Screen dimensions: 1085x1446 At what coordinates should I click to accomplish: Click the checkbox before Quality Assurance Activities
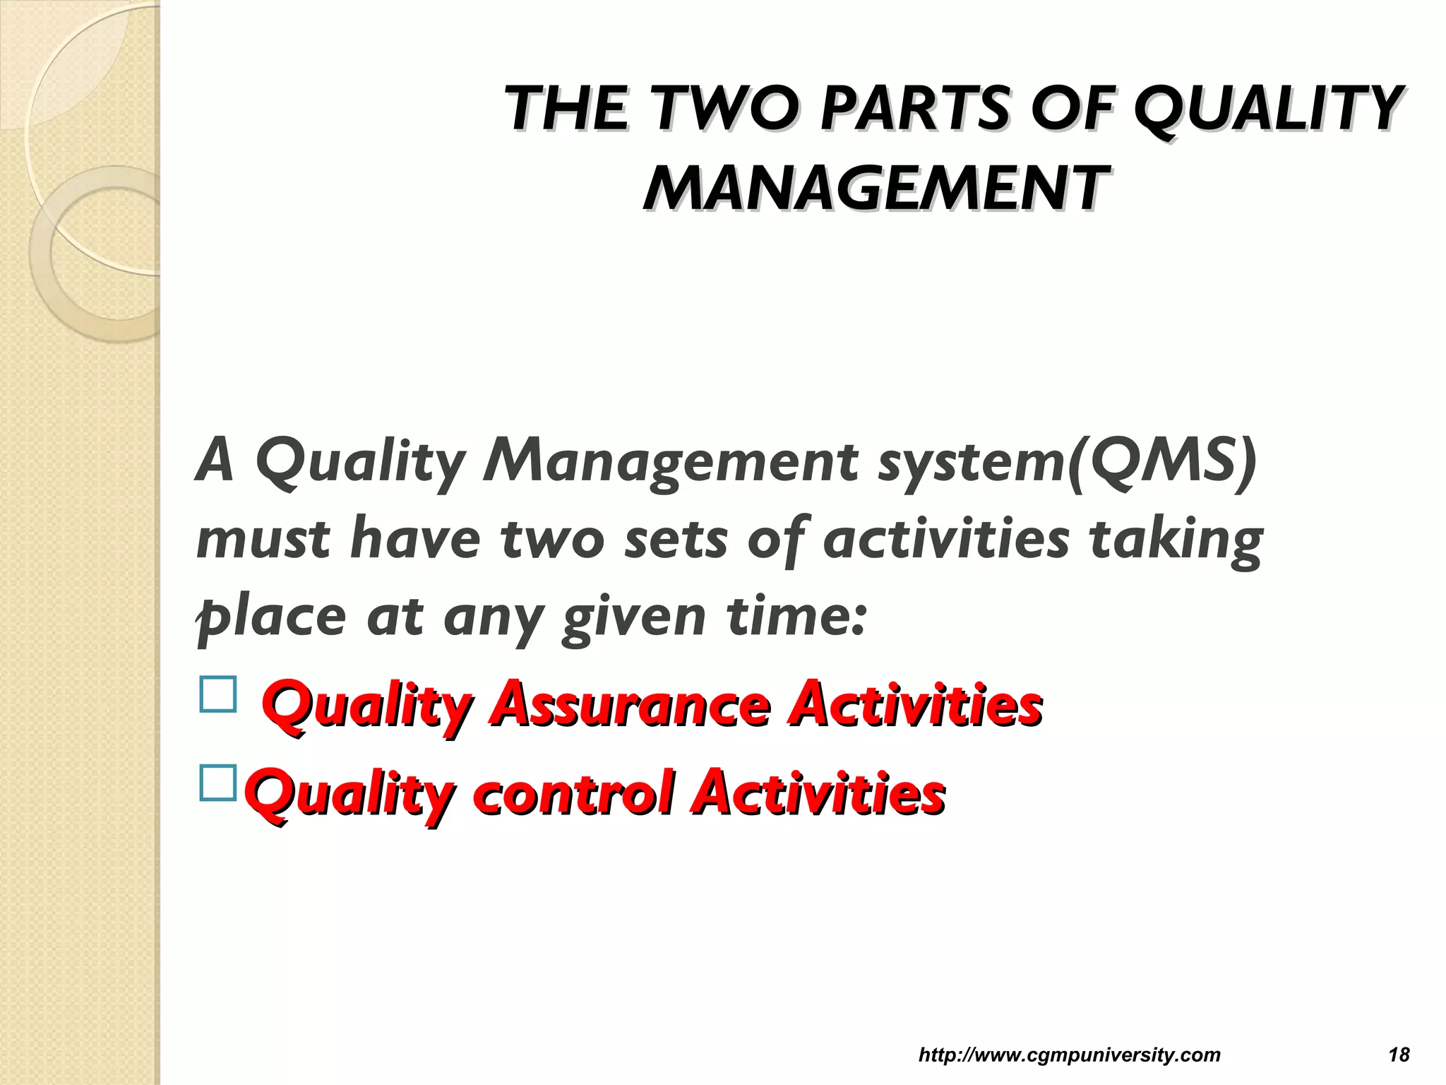[217, 694]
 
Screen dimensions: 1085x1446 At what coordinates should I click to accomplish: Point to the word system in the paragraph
[971, 463]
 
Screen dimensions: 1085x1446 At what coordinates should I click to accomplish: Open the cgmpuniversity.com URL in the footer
[1069, 1055]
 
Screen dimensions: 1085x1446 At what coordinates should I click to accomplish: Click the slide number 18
[1398, 1055]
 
